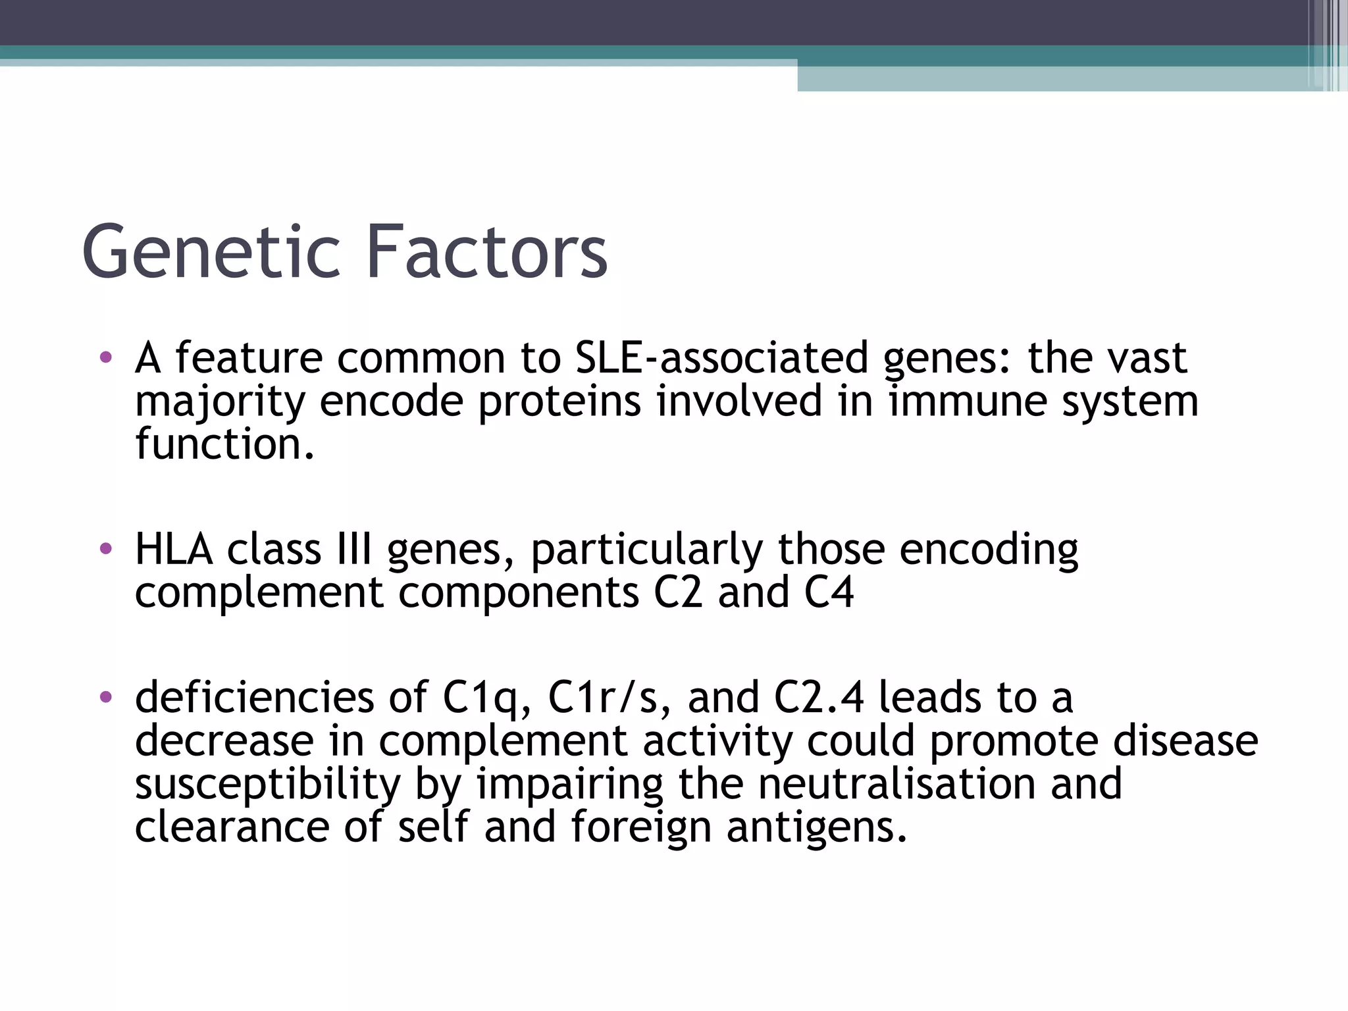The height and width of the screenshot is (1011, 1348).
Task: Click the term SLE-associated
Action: [721, 359]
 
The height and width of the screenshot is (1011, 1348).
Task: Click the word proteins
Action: [559, 402]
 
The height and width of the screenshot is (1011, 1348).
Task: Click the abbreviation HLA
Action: [174, 550]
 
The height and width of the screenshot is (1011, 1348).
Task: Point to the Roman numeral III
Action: [354, 550]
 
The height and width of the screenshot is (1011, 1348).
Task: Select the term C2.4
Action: [818, 698]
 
